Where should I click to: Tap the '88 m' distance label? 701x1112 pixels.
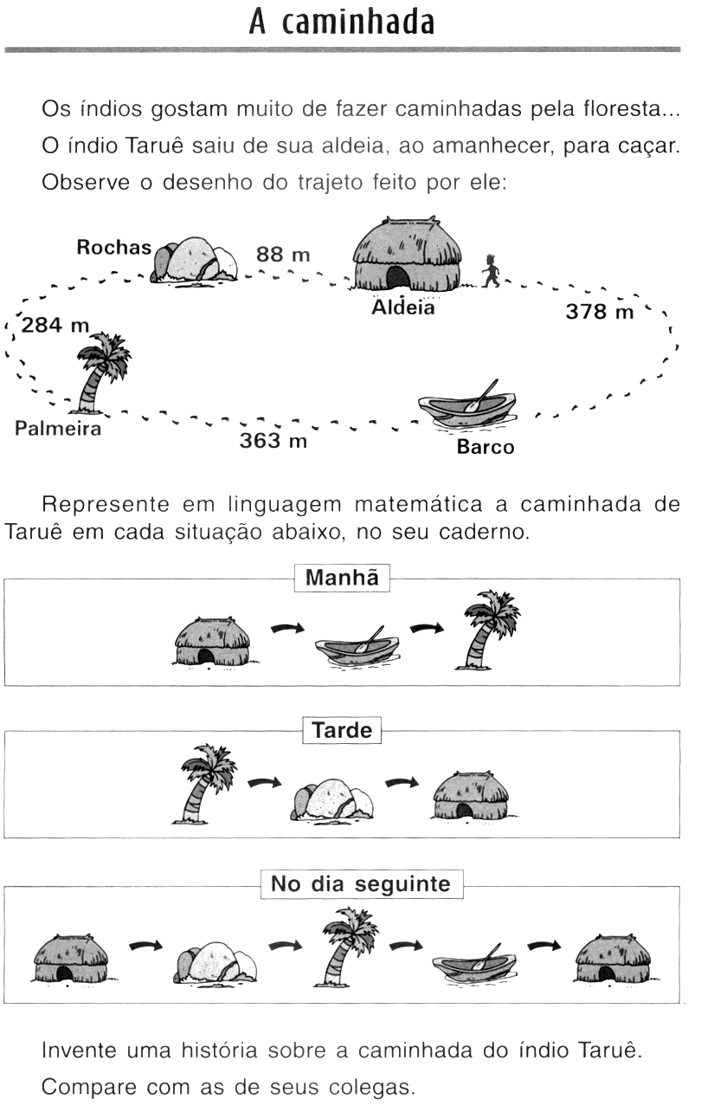click(x=282, y=255)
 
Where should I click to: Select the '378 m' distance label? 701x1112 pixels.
click(x=599, y=312)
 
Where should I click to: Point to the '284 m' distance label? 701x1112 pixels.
click(x=55, y=326)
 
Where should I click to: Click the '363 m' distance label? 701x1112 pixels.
click(x=273, y=441)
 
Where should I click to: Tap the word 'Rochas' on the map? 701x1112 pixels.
click(x=113, y=248)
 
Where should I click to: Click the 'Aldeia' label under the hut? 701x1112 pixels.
click(x=402, y=307)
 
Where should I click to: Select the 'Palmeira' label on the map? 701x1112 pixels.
click(x=57, y=429)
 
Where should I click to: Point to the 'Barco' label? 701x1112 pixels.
click(x=485, y=447)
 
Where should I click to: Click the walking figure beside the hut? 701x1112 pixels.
click(x=491, y=271)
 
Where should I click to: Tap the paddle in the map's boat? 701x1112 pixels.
click(x=481, y=395)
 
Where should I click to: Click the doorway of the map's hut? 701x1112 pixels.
click(x=397, y=279)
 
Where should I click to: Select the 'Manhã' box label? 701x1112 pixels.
click(x=342, y=579)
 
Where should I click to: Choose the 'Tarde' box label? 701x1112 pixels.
click(x=342, y=731)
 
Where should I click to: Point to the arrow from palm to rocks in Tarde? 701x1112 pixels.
click(x=265, y=783)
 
